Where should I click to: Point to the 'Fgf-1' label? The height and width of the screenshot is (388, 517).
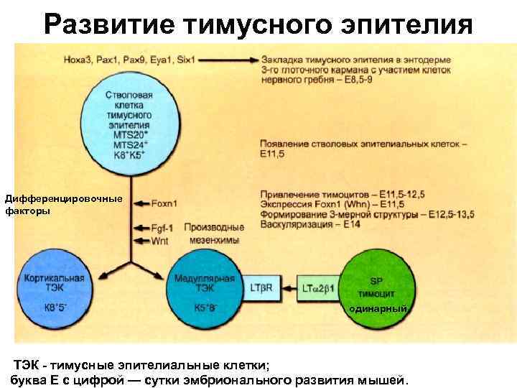162,227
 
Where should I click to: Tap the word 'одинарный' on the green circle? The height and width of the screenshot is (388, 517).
378,308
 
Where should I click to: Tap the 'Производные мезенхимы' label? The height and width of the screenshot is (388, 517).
214,234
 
